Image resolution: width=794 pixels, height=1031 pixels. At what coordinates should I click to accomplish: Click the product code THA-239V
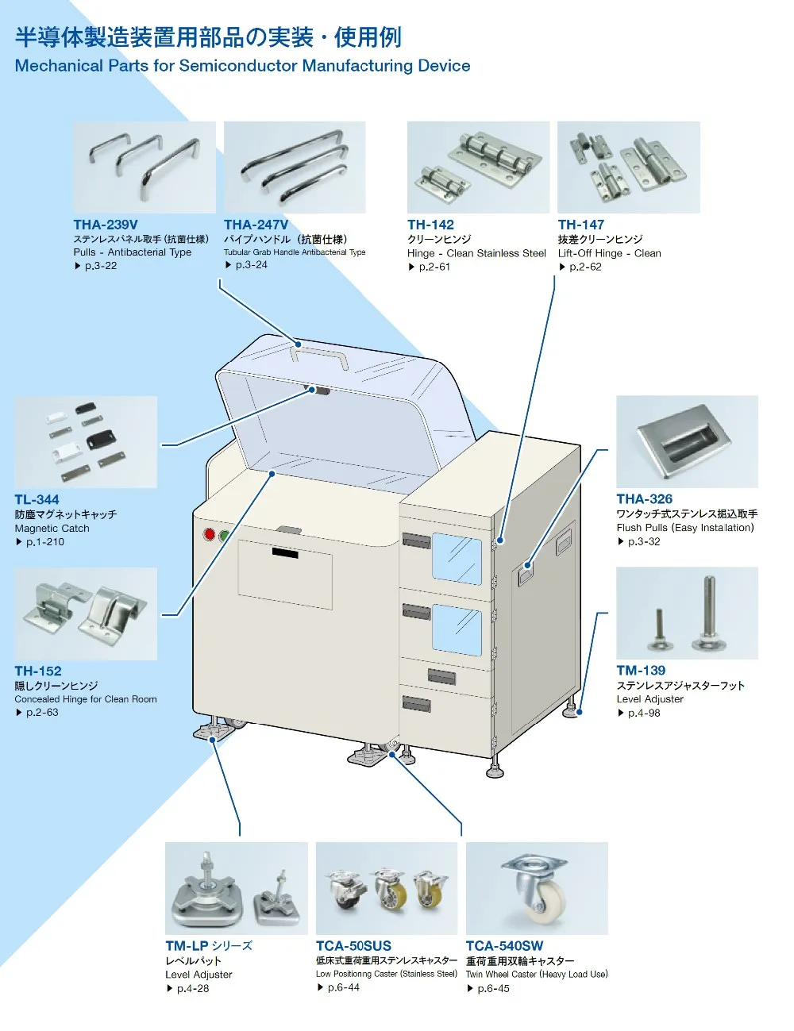pyautogui.click(x=106, y=225)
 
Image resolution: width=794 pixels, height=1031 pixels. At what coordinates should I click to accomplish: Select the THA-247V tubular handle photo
pyautogui.click(x=295, y=167)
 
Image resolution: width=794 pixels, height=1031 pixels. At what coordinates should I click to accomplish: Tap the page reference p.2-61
pyautogui.click(x=434, y=267)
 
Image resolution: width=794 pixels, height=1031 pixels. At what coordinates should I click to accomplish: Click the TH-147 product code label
pyautogui.click(x=580, y=225)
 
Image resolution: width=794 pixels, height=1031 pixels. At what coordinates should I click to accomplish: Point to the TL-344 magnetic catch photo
pyautogui.click(x=86, y=442)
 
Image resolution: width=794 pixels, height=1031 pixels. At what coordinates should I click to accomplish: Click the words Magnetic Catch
pyautogui.click(x=52, y=528)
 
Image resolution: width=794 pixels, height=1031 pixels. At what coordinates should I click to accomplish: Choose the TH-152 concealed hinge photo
pyautogui.click(x=86, y=614)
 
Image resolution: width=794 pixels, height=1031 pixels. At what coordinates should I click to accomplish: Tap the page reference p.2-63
pyautogui.click(x=41, y=713)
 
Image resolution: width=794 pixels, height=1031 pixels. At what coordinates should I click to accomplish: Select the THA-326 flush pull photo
pyautogui.click(x=687, y=441)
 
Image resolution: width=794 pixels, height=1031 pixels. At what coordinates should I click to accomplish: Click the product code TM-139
pyautogui.click(x=641, y=671)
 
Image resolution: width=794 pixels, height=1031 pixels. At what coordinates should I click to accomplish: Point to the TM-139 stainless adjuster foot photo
pyautogui.click(x=687, y=613)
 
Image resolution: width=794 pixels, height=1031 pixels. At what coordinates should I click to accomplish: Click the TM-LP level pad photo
pyautogui.click(x=236, y=888)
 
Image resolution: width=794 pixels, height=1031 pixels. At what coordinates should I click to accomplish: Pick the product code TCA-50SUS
pyautogui.click(x=353, y=946)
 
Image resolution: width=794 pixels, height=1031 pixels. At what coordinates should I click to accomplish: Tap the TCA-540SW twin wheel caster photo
pyautogui.click(x=537, y=888)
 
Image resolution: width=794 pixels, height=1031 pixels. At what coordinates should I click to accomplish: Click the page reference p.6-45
pyautogui.click(x=493, y=988)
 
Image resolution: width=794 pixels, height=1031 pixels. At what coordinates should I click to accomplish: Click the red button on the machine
pyautogui.click(x=210, y=534)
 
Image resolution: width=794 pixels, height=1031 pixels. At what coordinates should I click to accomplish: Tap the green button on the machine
pyautogui.click(x=224, y=536)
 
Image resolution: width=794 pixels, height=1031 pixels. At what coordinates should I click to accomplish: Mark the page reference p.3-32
pyautogui.click(x=643, y=541)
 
